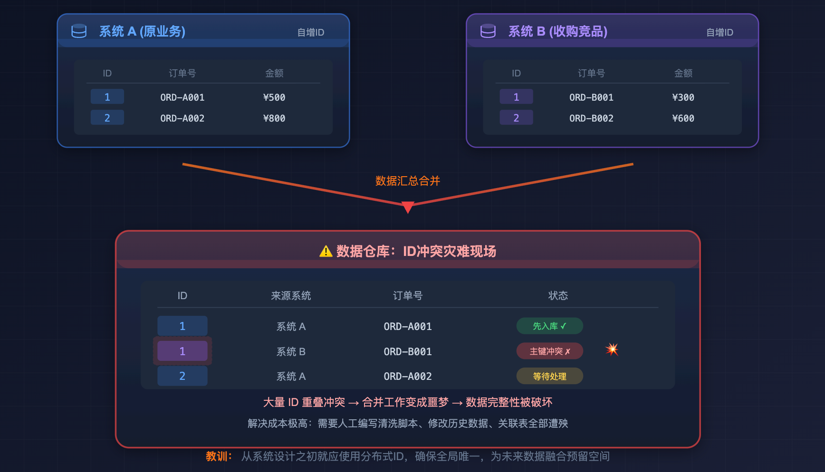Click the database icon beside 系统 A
[79, 31]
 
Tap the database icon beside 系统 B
[488, 31]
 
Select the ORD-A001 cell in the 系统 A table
[182, 97]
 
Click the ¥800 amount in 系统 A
[274, 118]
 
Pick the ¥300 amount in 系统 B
[683, 97]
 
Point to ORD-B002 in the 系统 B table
[591, 118]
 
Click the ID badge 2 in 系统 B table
[516, 118]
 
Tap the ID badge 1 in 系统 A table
[107, 97]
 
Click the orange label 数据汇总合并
[408, 181]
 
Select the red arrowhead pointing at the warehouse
[408, 208]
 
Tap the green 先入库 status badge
[550, 326]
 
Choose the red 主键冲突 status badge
[550, 351]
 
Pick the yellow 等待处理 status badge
[550, 376]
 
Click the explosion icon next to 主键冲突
[612, 350]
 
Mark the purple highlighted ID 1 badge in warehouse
[182, 351]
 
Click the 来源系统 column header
[291, 296]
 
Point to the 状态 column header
[558, 296]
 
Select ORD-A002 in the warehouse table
[408, 377]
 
